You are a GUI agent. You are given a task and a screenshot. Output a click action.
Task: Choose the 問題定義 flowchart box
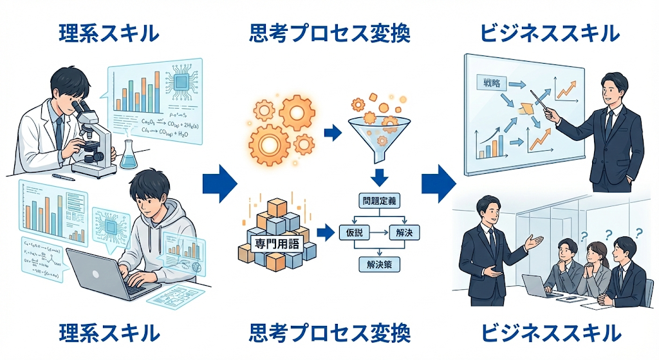(378, 201)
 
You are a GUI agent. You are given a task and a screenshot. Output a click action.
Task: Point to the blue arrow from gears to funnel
(332, 133)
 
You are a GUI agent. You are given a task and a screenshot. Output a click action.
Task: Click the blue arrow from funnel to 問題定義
(378, 176)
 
